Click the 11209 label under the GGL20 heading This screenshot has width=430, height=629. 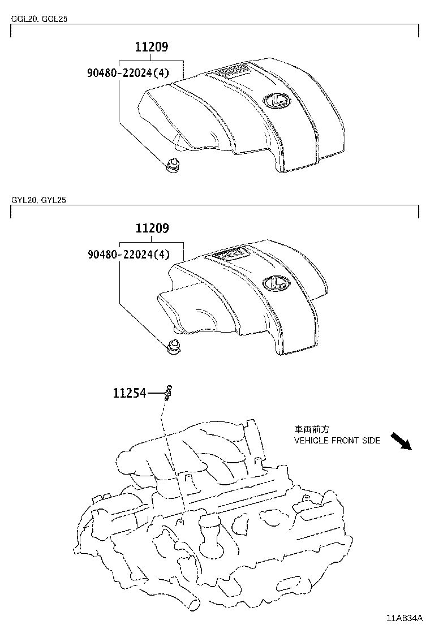[x=152, y=48]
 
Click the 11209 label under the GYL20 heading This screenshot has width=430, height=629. [x=152, y=229]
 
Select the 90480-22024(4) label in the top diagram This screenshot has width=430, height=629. [x=128, y=72]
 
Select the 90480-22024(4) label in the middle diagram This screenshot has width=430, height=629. [x=128, y=255]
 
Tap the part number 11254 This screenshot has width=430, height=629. [x=129, y=392]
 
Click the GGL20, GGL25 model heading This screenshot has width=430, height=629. [x=40, y=19]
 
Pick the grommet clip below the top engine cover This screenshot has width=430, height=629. [x=171, y=165]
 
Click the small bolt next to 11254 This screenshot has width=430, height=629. [x=168, y=391]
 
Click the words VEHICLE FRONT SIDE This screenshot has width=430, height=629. [x=337, y=440]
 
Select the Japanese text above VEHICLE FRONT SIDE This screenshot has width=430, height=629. [x=311, y=429]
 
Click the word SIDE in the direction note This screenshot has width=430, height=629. [x=371, y=440]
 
